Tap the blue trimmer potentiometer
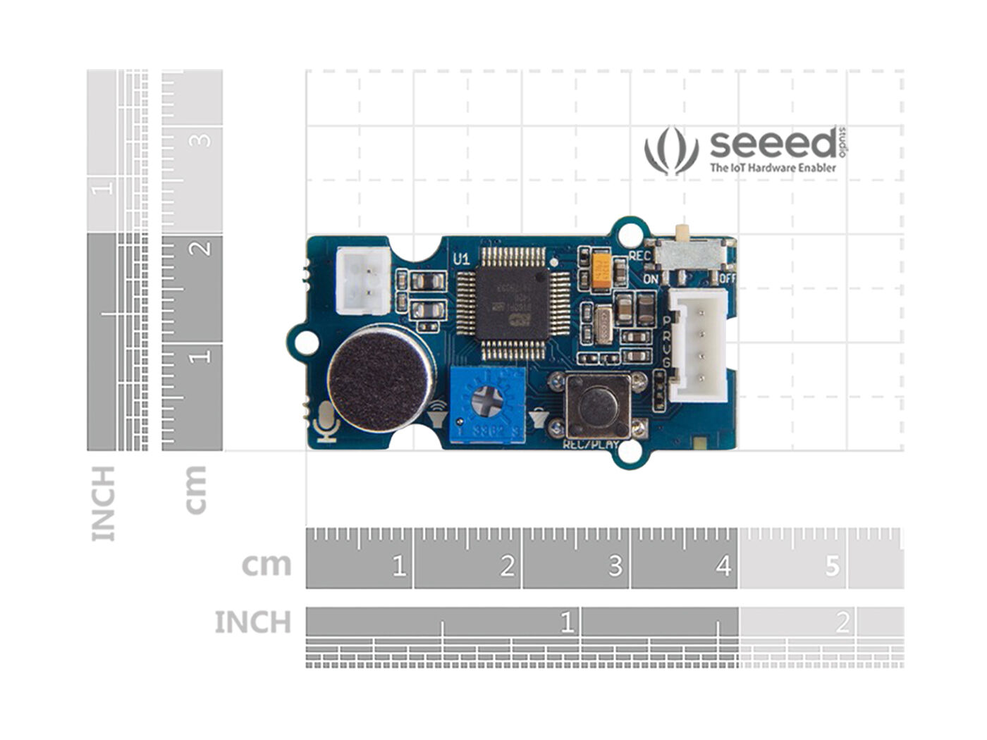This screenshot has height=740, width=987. (x=488, y=405)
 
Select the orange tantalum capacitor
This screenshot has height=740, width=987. (x=601, y=271)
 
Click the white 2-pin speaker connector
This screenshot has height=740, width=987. (x=363, y=280)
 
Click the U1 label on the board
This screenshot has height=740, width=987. (x=461, y=259)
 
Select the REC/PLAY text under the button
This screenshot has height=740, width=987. (x=591, y=445)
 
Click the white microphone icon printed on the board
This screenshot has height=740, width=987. (x=327, y=422)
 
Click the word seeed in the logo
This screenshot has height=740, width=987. (x=773, y=144)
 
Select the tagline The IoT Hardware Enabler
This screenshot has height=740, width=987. (x=773, y=168)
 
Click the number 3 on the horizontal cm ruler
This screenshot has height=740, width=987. (x=615, y=565)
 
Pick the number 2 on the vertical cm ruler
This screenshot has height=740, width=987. (x=203, y=248)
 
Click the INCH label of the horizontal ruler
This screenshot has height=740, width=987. (x=252, y=623)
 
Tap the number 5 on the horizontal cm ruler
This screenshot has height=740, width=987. (x=833, y=565)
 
